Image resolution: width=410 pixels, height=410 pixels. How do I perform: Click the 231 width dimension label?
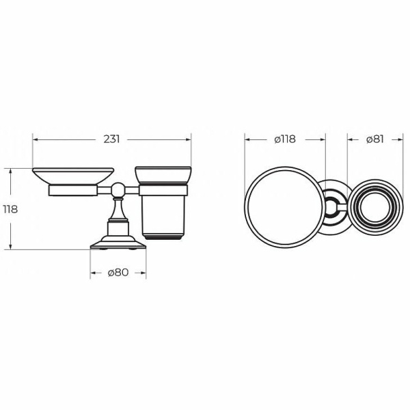tap(111, 139)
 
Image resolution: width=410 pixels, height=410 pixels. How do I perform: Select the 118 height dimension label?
tap(10, 209)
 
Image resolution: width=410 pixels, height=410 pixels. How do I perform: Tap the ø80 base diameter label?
tap(118, 273)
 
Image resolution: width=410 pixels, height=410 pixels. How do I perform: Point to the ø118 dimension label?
tap(285, 139)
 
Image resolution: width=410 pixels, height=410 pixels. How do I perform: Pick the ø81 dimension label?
tap(375, 139)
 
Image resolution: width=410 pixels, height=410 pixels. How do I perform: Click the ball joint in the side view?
tap(118, 190)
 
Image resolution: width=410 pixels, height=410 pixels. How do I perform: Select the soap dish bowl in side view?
tap(73, 176)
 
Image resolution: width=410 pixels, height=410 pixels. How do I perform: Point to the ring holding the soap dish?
tap(73, 191)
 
